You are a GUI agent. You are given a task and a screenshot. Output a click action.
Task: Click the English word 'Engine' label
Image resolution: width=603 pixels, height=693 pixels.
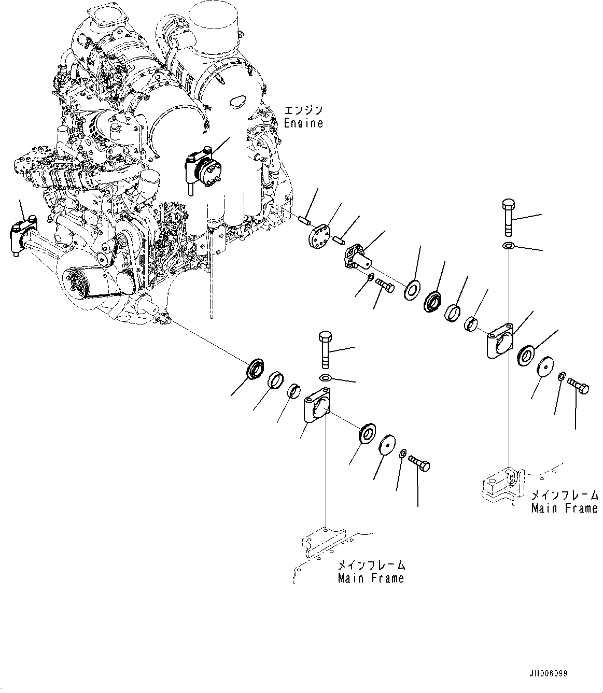pyautogui.click(x=303, y=123)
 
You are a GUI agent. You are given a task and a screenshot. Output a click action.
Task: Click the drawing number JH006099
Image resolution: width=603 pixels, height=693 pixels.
pyautogui.click(x=549, y=673)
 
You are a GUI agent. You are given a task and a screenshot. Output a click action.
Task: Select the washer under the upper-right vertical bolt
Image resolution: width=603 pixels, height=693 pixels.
pyautogui.click(x=509, y=245)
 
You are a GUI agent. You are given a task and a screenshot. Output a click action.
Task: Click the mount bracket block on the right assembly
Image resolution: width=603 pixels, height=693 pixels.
pyautogui.click(x=500, y=341)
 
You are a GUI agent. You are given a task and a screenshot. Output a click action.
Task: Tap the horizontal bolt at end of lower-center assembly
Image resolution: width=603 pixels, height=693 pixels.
pyautogui.click(x=419, y=462)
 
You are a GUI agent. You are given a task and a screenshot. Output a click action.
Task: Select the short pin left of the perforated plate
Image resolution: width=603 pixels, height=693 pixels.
pyautogui.click(x=304, y=220)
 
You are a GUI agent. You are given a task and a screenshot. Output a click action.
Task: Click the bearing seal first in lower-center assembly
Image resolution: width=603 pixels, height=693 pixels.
pyautogui.click(x=256, y=369)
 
